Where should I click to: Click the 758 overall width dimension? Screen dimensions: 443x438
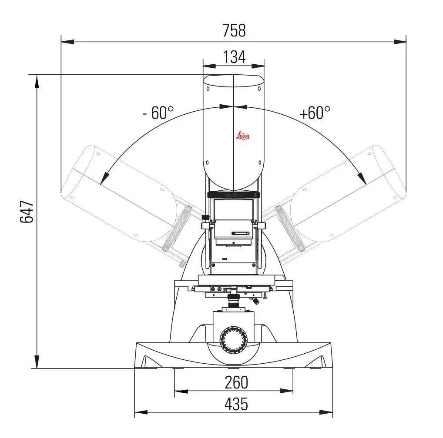pyautogui.click(x=234, y=30)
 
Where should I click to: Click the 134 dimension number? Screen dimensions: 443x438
pyautogui.click(x=234, y=57)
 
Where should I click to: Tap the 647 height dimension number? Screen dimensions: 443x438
pyautogui.click(x=27, y=212)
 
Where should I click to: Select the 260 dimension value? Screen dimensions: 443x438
pyautogui.click(x=236, y=382)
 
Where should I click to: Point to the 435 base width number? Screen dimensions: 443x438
pyautogui.click(x=236, y=404)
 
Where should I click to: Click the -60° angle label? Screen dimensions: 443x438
pyautogui.click(x=158, y=113)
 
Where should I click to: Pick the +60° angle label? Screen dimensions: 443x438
pyautogui.click(x=315, y=113)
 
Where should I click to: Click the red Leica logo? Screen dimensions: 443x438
pyautogui.click(x=243, y=136)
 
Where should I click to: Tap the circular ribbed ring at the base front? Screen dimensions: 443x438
pyautogui.click(x=234, y=340)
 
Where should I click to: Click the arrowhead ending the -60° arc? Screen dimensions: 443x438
pyautogui.click(x=104, y=178)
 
